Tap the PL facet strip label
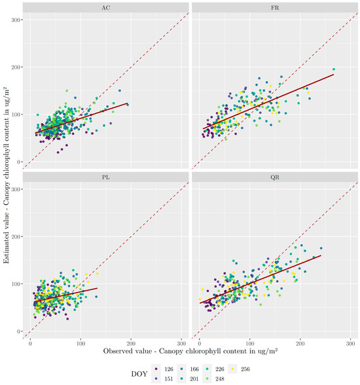pyautogui.click(x=106, y=176)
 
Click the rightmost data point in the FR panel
pyautogui.click(x=334, y=69)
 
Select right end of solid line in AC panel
pyautogui.click(x=128, y=103)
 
